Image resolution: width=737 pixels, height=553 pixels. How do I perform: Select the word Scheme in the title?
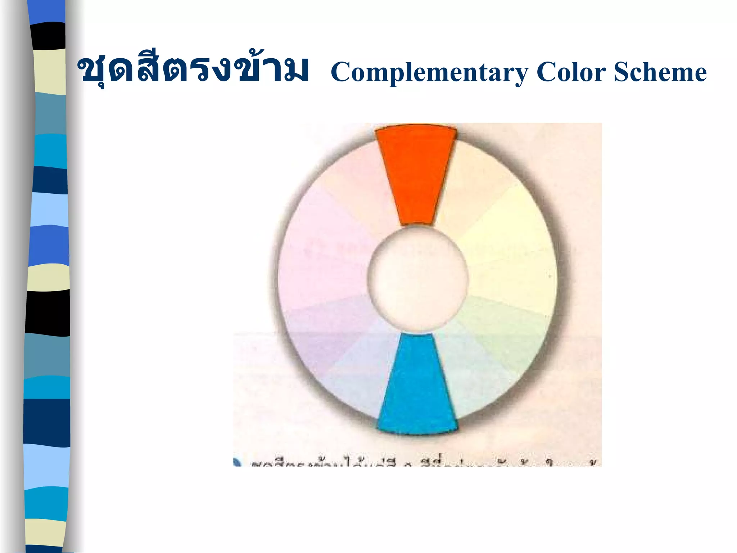click(x=660, y=72)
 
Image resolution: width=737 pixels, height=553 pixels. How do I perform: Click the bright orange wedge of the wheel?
click(x=416, y=173)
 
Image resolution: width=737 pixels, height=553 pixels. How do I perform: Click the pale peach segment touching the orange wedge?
click(x=475, y=176)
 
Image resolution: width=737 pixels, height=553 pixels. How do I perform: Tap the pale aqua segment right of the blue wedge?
click(x=468, y=378)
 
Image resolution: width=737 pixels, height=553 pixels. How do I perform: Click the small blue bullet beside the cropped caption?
click(x=237, y=462)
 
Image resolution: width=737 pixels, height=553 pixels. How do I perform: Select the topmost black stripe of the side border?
click(x=49, y=36)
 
